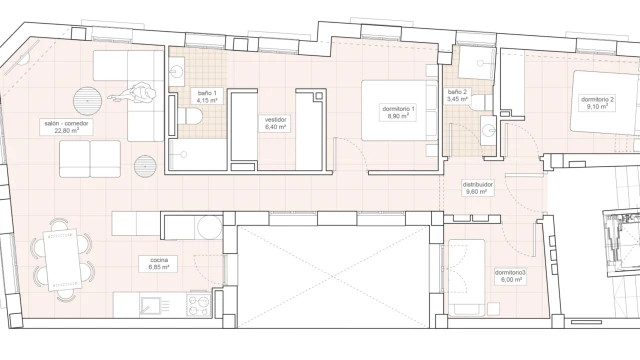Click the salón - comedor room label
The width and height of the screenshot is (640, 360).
click(66, 127)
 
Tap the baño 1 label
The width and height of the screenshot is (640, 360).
click(207, 96)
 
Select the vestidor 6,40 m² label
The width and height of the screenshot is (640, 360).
click(275, 123)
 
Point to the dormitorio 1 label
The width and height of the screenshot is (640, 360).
click(398, 112)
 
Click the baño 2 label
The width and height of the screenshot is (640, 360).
click(457, 95)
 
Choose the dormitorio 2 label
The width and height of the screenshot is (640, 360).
click(598, 103)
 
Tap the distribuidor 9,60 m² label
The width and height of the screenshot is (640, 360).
click(478, 188)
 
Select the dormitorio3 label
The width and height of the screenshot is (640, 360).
click(510, 276)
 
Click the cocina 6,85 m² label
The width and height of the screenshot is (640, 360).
click(159, 264)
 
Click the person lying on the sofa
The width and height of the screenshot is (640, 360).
click(135, 94)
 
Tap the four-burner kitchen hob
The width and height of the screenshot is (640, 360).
click(199, 304)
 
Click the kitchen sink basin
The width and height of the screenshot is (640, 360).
click(150, 306)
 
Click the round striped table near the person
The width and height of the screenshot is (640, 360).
click(87, 101)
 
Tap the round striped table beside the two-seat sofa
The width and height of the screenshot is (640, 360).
click(145, 166)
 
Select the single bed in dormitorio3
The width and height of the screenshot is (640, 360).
click(467, 278)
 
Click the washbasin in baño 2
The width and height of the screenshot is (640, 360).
click(489, 131)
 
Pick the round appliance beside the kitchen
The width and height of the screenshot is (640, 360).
click(210, 227)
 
